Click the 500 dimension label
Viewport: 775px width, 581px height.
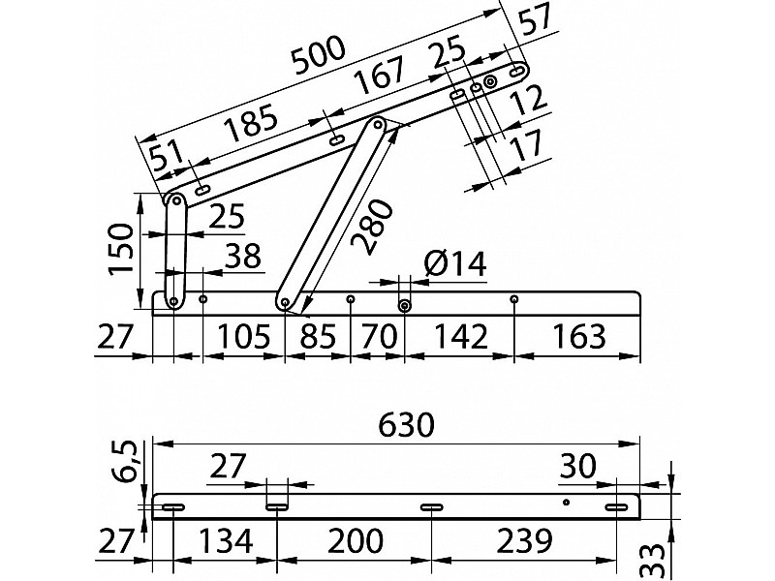pyautogui.click(x=319, y=54)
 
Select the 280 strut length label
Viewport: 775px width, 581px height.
pyautogui.click(x=373, y=227)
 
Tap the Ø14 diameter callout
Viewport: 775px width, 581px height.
pyautogui.click(x=455, y=263)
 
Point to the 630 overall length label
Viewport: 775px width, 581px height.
pyautogui.click(x=406, y=425)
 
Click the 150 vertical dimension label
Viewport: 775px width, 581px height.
pyautogui.click(x=121, y=249)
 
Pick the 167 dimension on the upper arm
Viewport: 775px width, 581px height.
pyautogui.click(x=380, y=75)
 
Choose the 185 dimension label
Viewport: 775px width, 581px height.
pyautogui.click(x=250, y=123)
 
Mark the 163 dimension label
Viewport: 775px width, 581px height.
pyautogui.click(x=578, y=336)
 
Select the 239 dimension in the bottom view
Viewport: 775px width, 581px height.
pyautogui.click(x=524, y=541)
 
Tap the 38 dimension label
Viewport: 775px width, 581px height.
pyautogui.click(x=243, y=257)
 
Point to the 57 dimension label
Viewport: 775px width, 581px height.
pyautogui.click(x=536, y=18)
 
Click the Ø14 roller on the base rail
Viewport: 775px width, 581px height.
pyautogui.click(x=405, y=306)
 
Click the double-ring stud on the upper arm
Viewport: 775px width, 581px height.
pyautogui.click(x=490, y=82)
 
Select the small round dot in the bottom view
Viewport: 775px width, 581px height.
pyautogui.click(x=567, y=503)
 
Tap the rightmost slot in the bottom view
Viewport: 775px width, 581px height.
pyautogui.click(x=617, y=507)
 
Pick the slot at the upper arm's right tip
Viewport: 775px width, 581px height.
pyautogui.click(x=517, y=72)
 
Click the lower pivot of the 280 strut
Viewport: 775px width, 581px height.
pyautogui.click(x=285, y=301)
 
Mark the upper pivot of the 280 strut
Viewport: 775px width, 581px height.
pyautogui.click(x=378, y=124)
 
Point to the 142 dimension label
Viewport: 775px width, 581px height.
pyautogui.click(x=460, y=336)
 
